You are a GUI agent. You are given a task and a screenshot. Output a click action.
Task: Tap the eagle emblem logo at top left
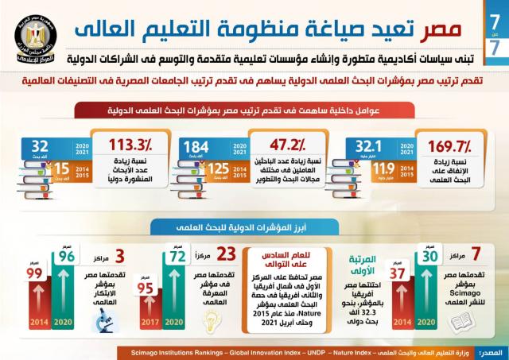pos(31,33)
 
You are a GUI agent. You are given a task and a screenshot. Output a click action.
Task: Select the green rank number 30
pos(430,258)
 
